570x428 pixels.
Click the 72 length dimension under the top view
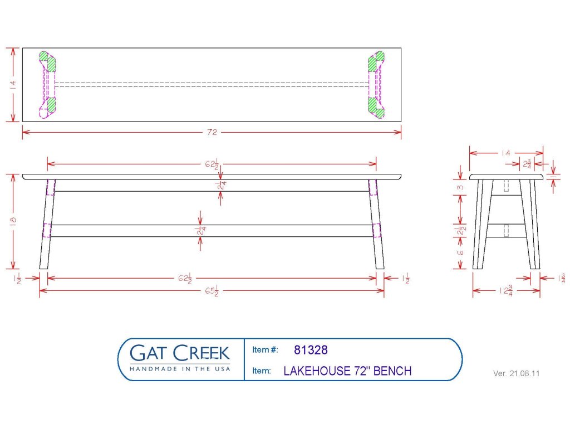click(x=212, y=132)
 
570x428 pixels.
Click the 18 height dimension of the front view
click(x=13, y=221)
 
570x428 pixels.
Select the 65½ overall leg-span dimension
click(x=212, y=291)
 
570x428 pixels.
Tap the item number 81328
click(x=311, y=350)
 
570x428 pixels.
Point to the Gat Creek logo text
click(x=180, y=353)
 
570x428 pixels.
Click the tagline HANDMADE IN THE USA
click(x=180, y=369)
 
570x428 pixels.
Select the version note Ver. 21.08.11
click(x=516, y=373)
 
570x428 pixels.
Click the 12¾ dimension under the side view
click(x=506, y=291)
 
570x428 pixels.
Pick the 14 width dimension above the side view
click(x=505, y=153)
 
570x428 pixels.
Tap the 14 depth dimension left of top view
click(x=13, y=85)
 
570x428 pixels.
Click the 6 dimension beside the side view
click(x=460, y=252)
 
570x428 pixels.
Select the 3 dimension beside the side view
click(x=460, y=187)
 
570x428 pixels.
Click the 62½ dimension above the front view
click(x=212, y=164)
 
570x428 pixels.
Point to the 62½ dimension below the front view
click(x=185, y=279)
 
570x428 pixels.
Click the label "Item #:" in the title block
click(x=265, y=350)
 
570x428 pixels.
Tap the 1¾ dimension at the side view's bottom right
click(x=562, y=279)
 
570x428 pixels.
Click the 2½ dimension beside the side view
click(x=461, y=231)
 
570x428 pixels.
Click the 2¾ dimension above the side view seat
click(x=527, y=164)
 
